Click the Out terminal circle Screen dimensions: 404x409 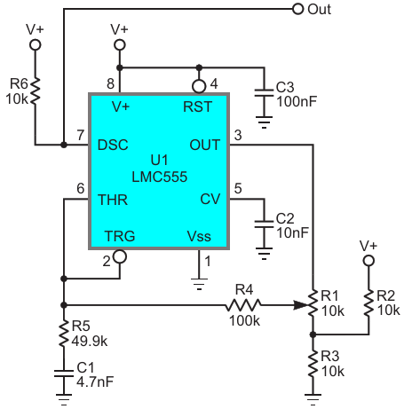point(297,9)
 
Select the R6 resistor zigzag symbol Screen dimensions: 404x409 point(35,90)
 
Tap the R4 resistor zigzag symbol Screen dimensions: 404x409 point(243,304)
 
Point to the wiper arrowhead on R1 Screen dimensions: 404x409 point(301,304)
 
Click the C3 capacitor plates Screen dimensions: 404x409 point(264,92)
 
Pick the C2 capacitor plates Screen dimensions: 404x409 point(264,224)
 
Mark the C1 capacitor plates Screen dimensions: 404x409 point(64,374)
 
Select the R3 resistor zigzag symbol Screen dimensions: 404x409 point(313,364)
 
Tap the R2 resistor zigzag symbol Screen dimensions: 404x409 point(368,303)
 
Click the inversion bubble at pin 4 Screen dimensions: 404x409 point(199,86)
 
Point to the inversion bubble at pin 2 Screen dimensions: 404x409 point(120,256)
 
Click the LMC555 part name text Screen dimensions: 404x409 point(160,177)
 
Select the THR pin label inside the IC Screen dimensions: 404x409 point(113,200)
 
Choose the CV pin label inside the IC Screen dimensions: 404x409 point(210,199)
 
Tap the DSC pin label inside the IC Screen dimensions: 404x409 point(113,145)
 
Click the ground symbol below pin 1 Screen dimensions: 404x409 point(199,284)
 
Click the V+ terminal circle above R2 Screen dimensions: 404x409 point(368,261)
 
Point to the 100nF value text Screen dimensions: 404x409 point(297,101)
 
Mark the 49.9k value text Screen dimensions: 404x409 point(90,342)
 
